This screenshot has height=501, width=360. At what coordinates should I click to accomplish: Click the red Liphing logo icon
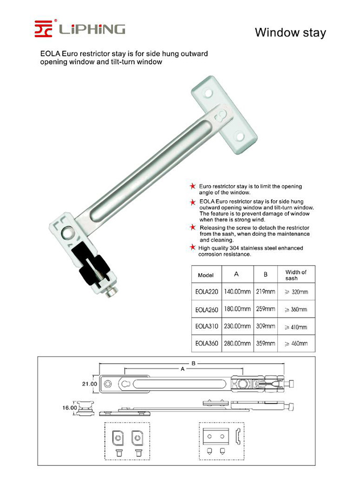43,28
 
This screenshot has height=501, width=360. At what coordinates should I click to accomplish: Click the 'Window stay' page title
290,32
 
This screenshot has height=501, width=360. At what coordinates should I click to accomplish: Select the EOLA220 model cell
206,291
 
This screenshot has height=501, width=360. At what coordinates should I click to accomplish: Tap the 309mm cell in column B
266,326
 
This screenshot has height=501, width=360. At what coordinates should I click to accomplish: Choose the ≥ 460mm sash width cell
296,344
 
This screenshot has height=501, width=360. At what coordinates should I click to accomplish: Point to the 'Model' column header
206,275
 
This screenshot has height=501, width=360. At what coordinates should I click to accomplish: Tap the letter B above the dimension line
193,363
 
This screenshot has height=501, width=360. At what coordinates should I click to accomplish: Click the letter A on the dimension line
182,369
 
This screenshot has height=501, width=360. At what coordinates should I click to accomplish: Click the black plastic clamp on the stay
94,265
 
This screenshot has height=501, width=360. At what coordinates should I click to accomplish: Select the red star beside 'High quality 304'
193,247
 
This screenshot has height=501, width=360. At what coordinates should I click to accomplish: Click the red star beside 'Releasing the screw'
193,227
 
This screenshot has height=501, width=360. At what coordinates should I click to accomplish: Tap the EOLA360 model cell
206,344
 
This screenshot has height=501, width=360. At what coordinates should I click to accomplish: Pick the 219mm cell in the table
266,291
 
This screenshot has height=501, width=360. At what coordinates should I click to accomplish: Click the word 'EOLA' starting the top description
51,54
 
